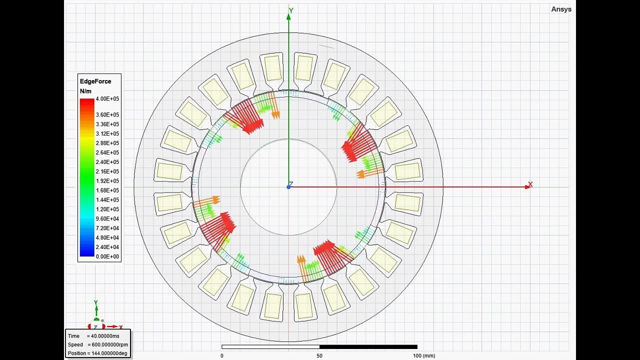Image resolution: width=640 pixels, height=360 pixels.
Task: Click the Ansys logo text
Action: click(x=561, y=9)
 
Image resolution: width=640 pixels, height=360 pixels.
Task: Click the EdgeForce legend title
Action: click(x=95, y=81)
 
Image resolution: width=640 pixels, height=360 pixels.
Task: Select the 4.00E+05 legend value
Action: click(x=107, y=99)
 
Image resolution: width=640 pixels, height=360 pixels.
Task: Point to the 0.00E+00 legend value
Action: click(x=107, y=256)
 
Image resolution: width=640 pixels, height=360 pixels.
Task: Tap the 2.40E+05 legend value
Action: click(x=107, y=162)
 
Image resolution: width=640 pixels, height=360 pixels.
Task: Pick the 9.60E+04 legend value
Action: click(x=107, y=218)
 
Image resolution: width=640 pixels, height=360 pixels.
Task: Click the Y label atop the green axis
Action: click(x=291, y=10)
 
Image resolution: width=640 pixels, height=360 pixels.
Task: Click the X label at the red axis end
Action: click(x=530, y=185)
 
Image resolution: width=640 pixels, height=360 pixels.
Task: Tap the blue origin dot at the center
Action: click(x=288, y=187)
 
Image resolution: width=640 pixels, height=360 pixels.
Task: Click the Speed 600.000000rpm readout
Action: click(x=97, y=345)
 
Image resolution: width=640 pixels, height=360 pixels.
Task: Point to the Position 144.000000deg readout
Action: click(x=97, y=353)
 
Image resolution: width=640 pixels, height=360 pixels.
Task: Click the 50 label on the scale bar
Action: click(x=319, y=355)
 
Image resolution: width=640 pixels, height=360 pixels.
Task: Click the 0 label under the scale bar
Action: click(x=221, y=355)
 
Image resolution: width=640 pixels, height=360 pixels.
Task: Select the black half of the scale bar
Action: click(x=368, y=346)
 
